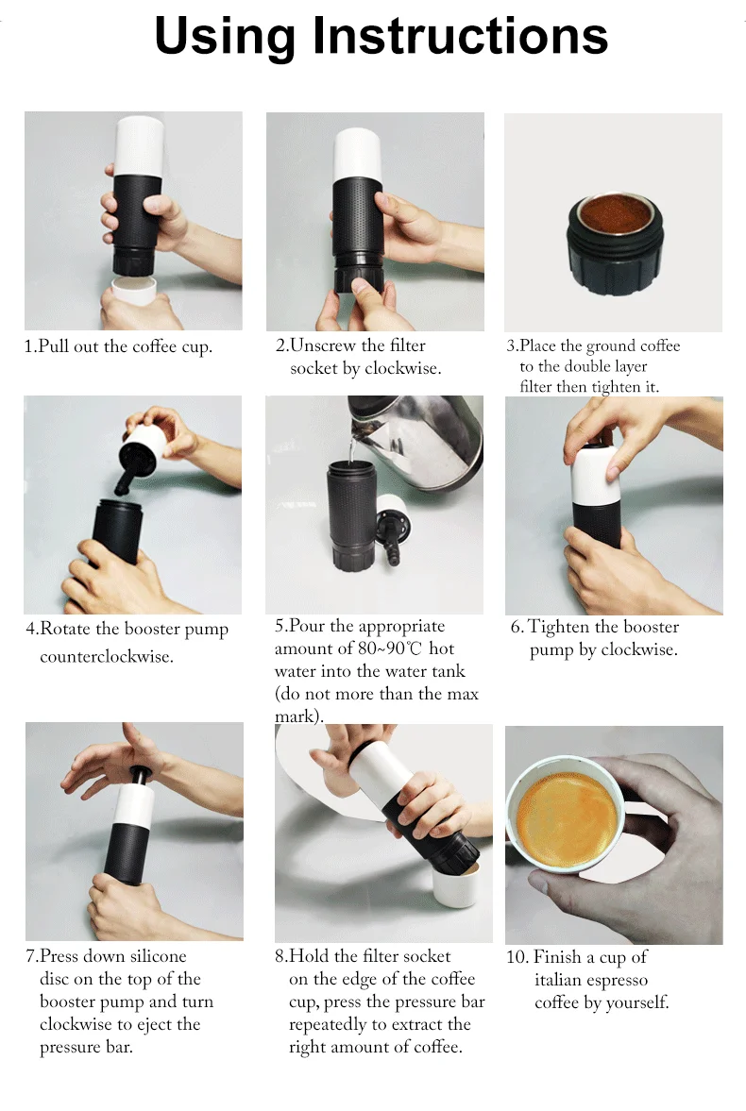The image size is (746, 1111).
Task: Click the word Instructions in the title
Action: (x=460, y=36)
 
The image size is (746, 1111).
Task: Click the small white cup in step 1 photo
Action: (x=134, y=289)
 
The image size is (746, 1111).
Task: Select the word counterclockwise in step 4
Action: (x=107, y=656)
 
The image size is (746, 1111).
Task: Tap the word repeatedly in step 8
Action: (x=328, y=1024)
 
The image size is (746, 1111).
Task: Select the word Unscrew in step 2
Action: (x=323, y=345)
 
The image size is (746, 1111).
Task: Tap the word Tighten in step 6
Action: (x=559, y=627)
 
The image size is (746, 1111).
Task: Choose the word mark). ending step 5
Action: (x=299, y=716)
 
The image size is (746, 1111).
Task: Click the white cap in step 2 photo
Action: (x=358, y=155)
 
